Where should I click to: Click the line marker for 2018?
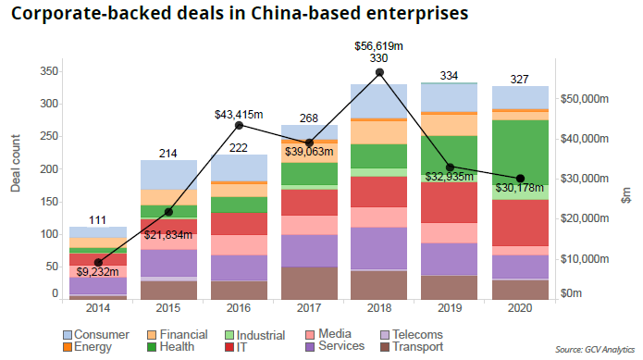click(379, 72)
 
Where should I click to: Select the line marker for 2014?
click(97, 262)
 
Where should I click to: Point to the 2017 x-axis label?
click(308, 307)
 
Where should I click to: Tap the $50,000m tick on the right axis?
click(588, 98)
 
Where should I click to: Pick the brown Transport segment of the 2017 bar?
click(308, 282)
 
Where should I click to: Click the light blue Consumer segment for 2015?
click(167, 174)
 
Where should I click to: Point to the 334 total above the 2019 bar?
click(450, 75)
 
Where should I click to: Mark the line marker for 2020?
click(520, 179)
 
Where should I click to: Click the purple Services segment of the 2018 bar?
click(379, 248)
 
